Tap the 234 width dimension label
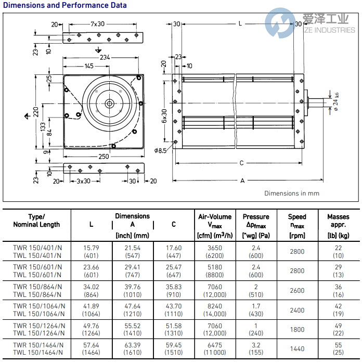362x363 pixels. [x=105, y=57]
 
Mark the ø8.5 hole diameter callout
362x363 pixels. [x=161, y=151]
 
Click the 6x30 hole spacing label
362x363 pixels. [x=164, y=115]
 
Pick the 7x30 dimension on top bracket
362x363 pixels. [x=97, y=24]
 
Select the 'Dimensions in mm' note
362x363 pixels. [x=291, y=193]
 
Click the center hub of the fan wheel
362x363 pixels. [x=110, y=103]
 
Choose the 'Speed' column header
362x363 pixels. [x=297, y=216]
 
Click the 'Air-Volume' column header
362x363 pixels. [x=215, y=216]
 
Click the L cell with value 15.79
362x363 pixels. [x=91, y=248]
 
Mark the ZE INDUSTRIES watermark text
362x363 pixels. [x=330, y=30]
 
